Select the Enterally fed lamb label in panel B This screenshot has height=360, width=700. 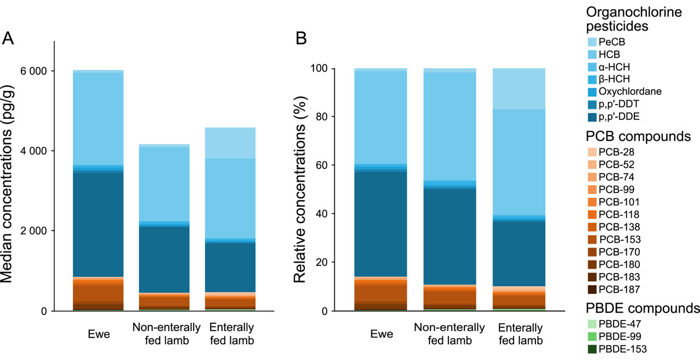coord(521,334)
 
